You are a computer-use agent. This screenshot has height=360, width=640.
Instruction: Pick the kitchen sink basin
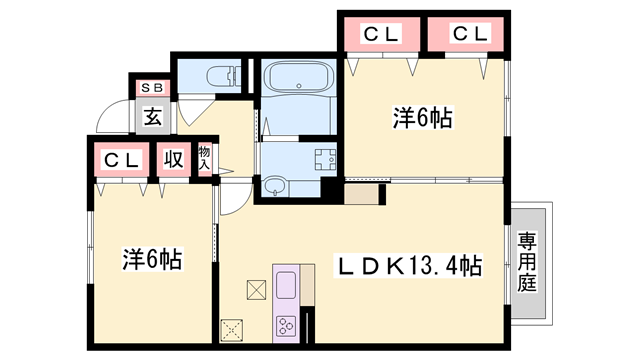pyautogui.click(x=285, y=284)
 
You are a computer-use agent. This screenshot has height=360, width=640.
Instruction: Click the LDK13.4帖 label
pyautogui.click(x=409, y=266)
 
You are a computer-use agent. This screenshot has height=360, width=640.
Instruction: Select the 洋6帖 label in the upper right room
pyautogui.click(x=421, y=118)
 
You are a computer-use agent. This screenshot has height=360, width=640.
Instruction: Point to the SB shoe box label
pyautogui.click(x=152, y=89)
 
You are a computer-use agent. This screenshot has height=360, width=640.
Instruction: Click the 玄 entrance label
pyautogui.click(x=152, y=116)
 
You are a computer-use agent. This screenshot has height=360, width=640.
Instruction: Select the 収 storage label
pyautogui.click(x=173, y=159)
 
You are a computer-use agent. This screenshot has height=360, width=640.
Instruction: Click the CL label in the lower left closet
pyautogui.click(x=120, y=159)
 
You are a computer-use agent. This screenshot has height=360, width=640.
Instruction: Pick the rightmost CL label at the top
pyautogui.click(x=468, y=34)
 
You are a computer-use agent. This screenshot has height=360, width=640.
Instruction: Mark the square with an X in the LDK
pyautogui.click(x=255, y=289)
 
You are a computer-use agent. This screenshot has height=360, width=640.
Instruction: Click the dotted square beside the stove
pyautogui.click(x=234, y=328)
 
